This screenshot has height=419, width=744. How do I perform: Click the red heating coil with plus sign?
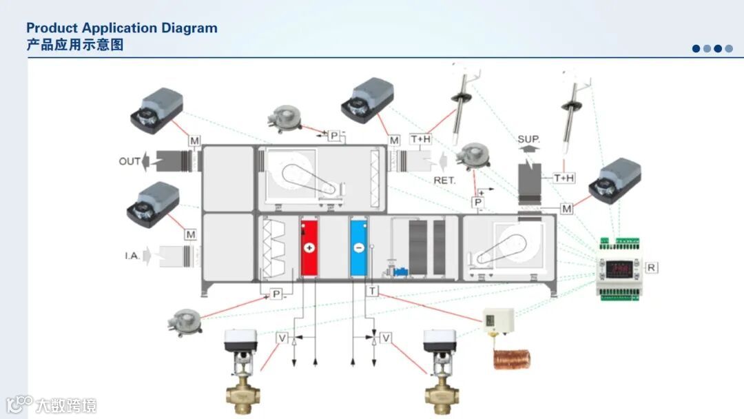click(308, 247)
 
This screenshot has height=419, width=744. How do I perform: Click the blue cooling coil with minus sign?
click(358, 247)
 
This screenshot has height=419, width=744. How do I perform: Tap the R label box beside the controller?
click(650, 267)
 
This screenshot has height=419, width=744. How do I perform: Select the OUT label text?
click(129, 161)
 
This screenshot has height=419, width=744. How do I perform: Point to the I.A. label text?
click(132, 256)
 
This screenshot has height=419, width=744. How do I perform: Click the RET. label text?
click(445, 180)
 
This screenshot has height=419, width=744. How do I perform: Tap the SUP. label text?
click(528, 139)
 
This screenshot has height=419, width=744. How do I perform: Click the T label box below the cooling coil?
click(373, 292)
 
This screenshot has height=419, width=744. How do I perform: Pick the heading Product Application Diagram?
click(122, 28)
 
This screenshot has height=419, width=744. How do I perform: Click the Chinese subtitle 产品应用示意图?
click(75, 45)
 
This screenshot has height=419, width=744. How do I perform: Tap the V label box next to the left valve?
click(282, 338)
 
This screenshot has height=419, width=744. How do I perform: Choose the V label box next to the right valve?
click(386, 338)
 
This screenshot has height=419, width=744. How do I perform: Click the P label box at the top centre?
click(334, 136)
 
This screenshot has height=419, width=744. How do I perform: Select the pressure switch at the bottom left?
click(186, 320)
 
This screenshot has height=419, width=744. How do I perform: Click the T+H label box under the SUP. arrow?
click(564, 178)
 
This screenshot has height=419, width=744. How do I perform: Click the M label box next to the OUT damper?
click(195, 141)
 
